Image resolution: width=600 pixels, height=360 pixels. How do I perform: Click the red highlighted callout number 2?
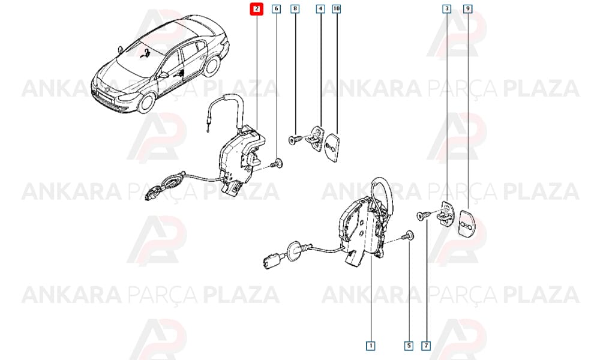tap(257, 9)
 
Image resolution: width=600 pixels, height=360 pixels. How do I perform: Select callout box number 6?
tap(276, 8)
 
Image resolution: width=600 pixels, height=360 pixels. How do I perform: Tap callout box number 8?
tap(295, 8)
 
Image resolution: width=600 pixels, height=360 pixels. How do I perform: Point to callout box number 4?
tap(320, 8)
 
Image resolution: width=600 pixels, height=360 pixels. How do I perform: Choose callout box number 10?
tap(336, 8)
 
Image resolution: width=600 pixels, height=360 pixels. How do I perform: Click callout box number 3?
tap(446, 8)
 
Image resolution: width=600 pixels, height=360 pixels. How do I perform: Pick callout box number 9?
tap(467, 8)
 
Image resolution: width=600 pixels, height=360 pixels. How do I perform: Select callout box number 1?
tap(370, 346)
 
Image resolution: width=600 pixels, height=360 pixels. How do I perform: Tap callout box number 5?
tap(409, 346)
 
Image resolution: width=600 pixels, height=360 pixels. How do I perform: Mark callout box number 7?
tap(426, 346)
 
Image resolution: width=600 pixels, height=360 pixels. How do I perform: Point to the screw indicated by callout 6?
tap(276, 164)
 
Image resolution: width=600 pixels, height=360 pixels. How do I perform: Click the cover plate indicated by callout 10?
tap(332, 147)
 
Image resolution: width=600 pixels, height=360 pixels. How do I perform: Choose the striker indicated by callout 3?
tap(445, 214)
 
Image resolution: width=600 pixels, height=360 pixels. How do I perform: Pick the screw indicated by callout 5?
tap(408, 236)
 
